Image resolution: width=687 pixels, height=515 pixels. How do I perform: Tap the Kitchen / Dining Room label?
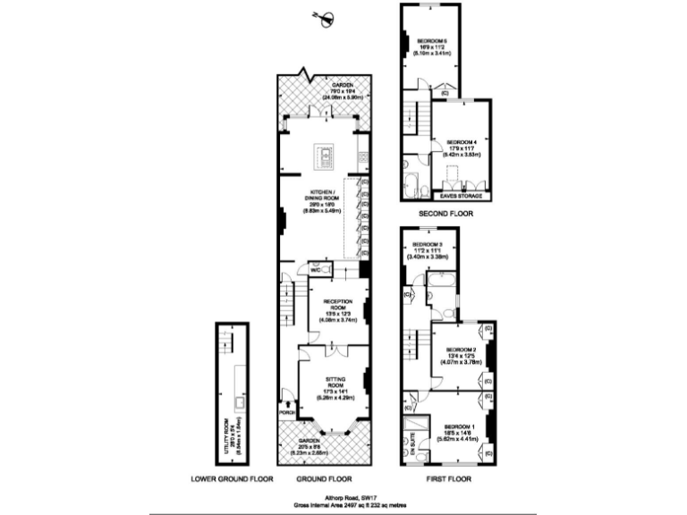pos(325,201)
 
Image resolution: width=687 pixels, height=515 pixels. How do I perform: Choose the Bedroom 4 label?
pos(462,145)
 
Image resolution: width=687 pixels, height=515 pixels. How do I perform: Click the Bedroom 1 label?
pos(461,430)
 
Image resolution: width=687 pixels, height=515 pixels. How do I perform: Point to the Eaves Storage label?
pos(462,194)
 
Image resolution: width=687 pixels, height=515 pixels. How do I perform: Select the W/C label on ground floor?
pos(316,269)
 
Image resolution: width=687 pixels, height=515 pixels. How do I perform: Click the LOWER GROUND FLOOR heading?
pos(232,479)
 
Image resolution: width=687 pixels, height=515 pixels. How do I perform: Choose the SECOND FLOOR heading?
pos(445,215)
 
